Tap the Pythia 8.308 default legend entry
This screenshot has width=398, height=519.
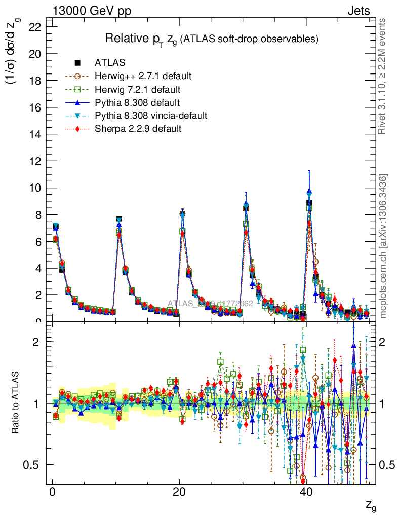tap(137, 103)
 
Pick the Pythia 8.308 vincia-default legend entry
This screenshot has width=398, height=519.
tap(150, 116)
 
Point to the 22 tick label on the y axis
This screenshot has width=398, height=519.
tap(34, 27)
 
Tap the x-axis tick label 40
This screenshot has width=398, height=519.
tap(306, 493)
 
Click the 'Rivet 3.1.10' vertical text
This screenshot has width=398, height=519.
tap(383, 76)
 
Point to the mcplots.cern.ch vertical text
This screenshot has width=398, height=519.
tap(383, 246)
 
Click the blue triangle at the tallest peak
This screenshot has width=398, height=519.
tap(309, 192)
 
